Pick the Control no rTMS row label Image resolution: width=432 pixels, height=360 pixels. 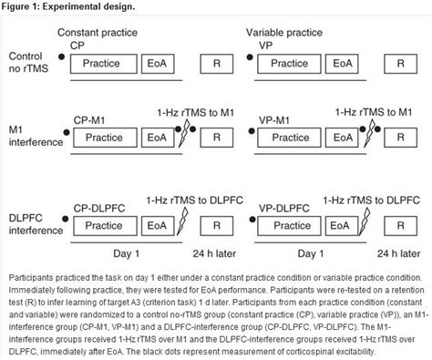27,64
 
